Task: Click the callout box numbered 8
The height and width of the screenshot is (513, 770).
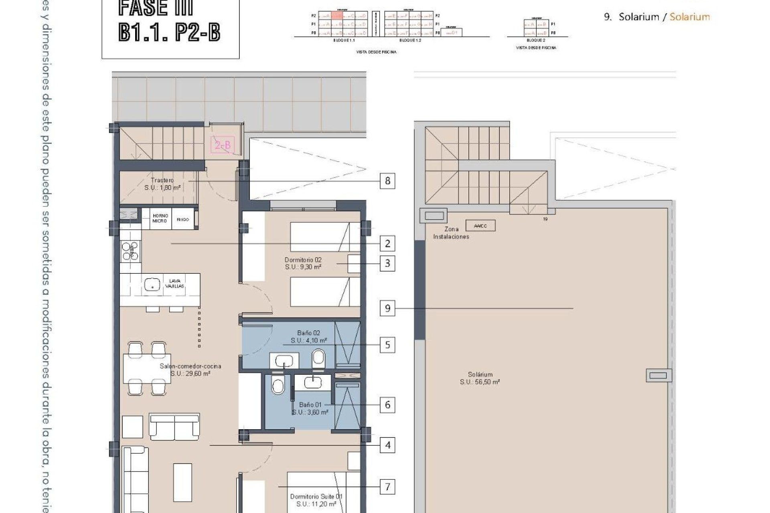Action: [x=387, y=181]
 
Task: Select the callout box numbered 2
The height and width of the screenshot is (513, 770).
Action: [x=387, y=243]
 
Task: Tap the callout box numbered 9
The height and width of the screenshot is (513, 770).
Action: [x=387, y=308]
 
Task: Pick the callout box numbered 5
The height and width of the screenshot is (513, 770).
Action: [x=387, y=345]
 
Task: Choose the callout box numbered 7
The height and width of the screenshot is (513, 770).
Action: [x=387, y=487]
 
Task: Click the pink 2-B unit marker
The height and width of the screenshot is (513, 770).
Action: [x=223, y=145]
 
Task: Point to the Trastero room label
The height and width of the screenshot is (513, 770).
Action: [x=162, y=180]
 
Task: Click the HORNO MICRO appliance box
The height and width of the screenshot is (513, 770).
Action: [x=160, y=218]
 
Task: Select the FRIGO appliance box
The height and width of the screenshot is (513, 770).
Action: [x=183, y=219]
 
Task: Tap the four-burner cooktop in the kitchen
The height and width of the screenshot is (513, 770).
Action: [x=131, y=251]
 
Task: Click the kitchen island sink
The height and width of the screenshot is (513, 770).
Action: [x=152, y=284]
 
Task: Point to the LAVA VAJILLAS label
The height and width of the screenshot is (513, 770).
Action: [x=175, y=283]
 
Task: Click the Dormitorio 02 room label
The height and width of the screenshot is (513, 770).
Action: [x=303, y=260]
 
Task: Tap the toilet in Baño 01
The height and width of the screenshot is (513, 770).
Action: [x=278, y=386]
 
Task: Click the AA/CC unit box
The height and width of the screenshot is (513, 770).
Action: [x=480, y=226]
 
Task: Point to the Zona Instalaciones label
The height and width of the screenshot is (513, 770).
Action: [x=451, y=233]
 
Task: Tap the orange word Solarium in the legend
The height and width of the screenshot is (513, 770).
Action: [x=690, y=17]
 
